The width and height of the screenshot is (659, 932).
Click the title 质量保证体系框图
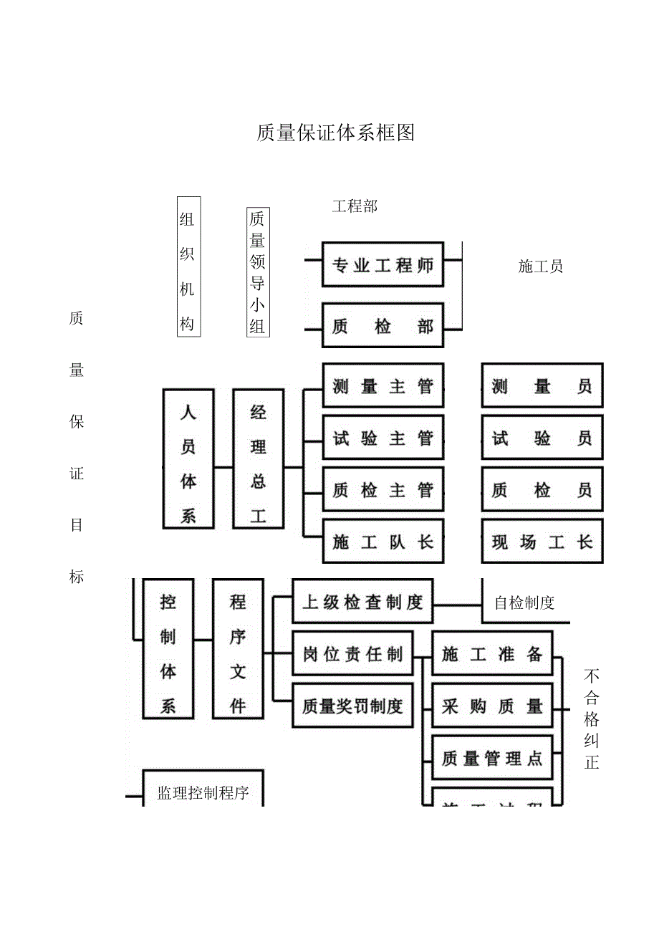[335, 133]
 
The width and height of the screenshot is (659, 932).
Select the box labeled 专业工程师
[383, 266]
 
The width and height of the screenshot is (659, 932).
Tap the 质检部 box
[383, 327]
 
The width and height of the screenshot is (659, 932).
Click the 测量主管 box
[383, 387]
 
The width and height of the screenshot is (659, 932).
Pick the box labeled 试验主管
[383, 438]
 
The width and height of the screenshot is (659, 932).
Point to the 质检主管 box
[383, 491]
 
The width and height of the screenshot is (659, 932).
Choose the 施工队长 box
[383, 542]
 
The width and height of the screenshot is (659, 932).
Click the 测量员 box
[542, 387]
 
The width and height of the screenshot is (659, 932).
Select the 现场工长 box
[542, 542]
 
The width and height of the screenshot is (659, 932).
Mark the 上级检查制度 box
[362, 602]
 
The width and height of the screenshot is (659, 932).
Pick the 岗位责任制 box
[352, 654]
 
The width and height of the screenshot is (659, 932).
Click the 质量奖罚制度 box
[352, 706]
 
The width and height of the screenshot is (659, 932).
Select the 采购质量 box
[491, 706]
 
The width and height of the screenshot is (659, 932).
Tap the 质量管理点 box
[491, 758]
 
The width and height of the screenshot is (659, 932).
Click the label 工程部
[355, 206]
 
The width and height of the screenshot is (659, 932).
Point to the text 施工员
[541, 266]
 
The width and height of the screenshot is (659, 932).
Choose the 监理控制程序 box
[203, 792]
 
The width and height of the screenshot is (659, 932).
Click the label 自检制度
[525, 602]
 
